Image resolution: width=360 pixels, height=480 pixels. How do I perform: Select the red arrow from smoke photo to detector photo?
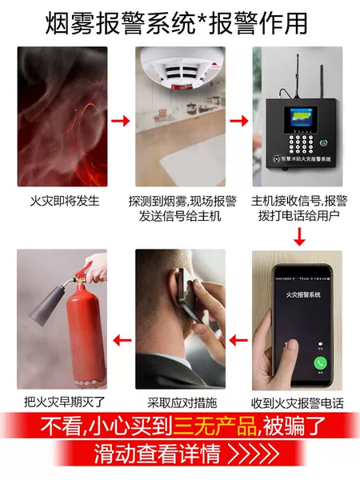(x=120, y=122)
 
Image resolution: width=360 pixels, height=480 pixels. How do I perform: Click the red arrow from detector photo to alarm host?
(x=238, y=122)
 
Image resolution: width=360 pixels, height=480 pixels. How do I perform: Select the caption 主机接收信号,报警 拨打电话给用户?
(x=299, y=209)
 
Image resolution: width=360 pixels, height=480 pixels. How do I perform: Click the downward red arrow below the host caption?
(x=299, y=236)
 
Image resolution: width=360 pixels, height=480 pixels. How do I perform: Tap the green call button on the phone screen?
(x=320, y=362)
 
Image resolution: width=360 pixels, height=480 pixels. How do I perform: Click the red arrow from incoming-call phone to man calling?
(x=238, y=340)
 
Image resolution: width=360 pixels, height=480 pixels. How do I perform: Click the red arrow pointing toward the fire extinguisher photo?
(x=120, y=340)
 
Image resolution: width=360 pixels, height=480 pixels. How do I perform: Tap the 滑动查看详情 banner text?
(x=158, y=456)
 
